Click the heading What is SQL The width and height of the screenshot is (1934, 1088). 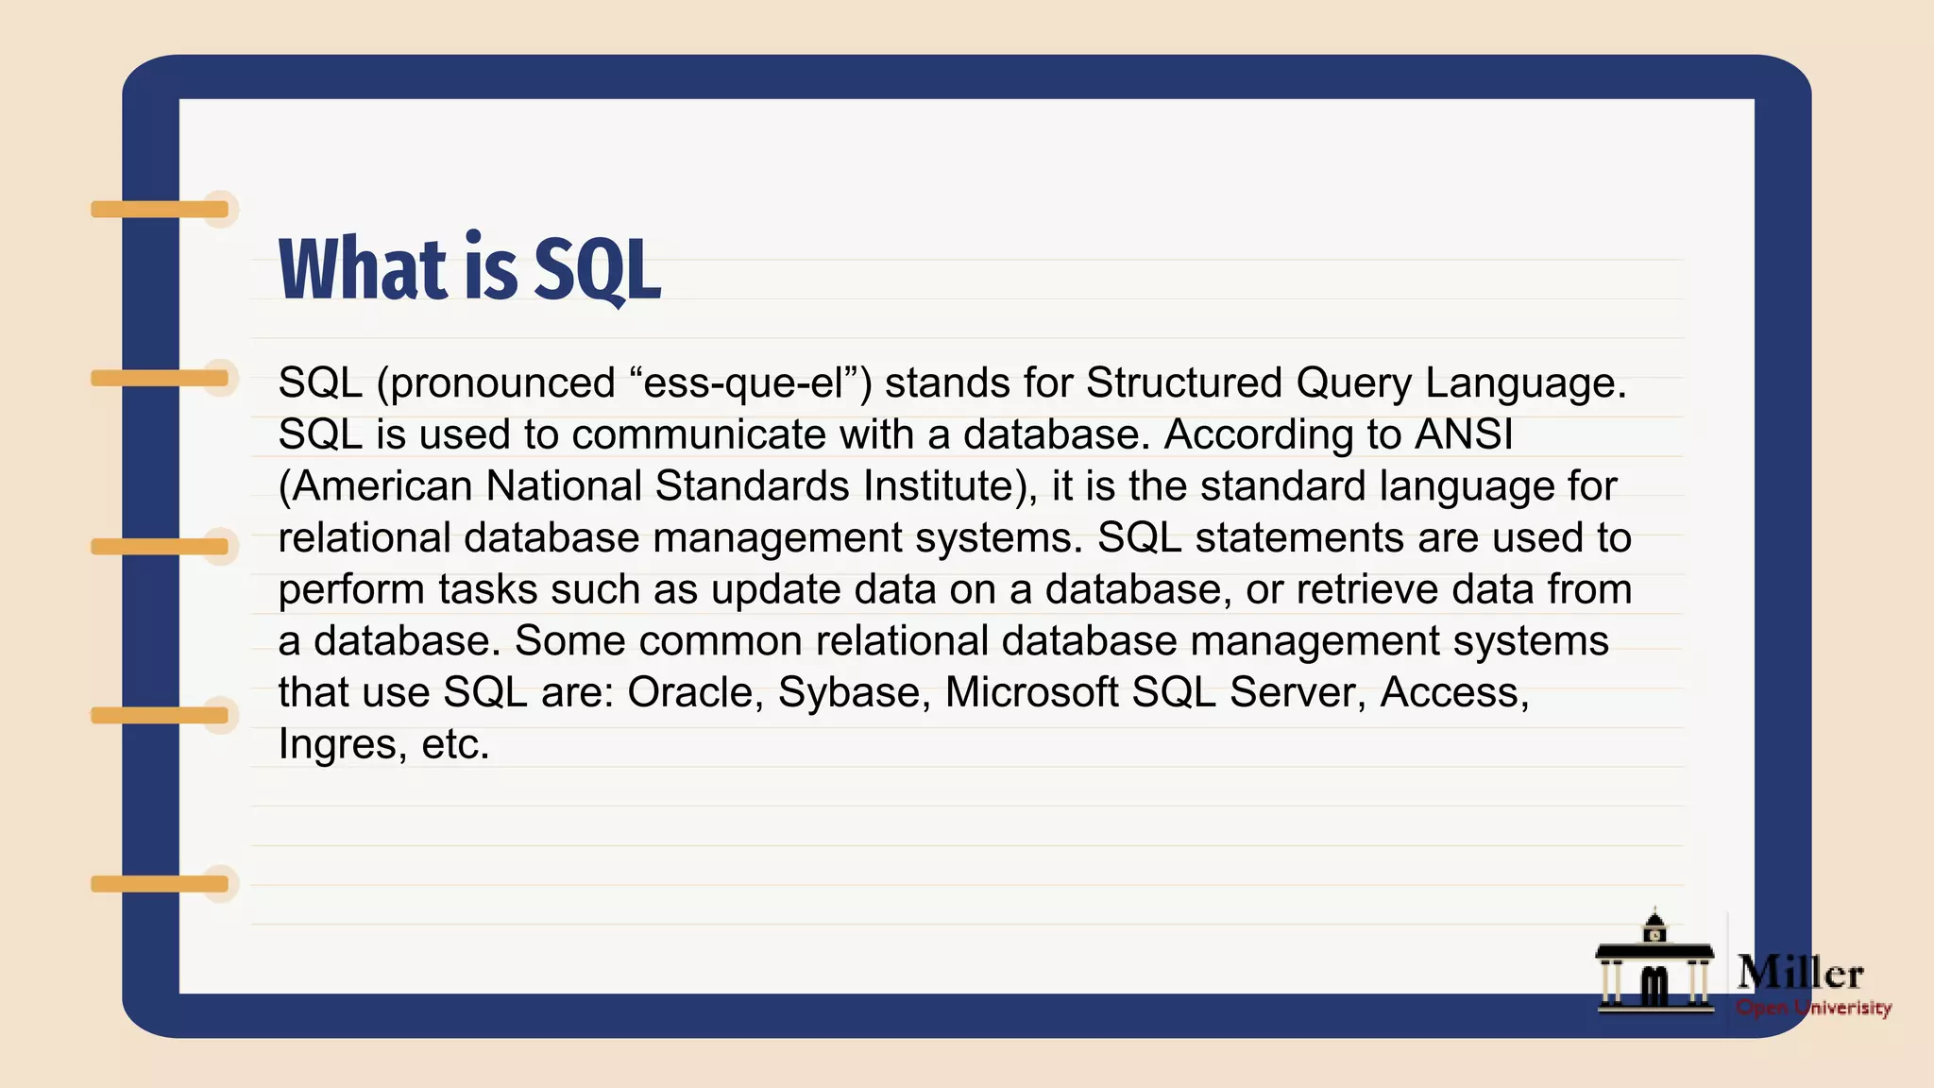pos(469,269)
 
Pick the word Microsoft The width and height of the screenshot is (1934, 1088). pos(1031,692)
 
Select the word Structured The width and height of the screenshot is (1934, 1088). pos(1184,383)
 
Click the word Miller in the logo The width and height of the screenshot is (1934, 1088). pos(1800,973)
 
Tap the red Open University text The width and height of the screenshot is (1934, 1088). pos(1813,1008)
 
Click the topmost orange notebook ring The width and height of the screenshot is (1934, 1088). pos(161,209)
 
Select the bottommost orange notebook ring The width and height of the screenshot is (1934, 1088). pos(161,884)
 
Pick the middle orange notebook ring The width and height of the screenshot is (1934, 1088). pos(161,547)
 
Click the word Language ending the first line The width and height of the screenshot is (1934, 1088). pos(1524,383)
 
